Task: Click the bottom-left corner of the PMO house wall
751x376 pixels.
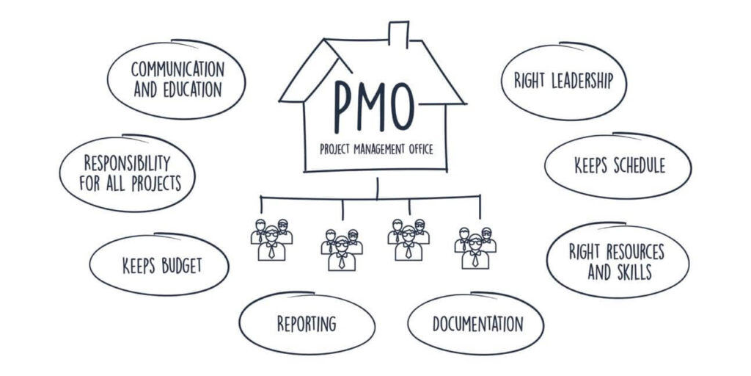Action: point(305,170)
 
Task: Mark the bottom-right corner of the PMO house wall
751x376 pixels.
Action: point(447,170)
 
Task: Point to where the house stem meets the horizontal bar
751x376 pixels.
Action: point(378,197)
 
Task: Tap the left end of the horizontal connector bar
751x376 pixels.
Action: point(260,197)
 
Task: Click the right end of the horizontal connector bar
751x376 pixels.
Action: point(480,195)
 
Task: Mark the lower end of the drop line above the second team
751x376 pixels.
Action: point(342,220)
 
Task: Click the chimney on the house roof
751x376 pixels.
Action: point(398,35)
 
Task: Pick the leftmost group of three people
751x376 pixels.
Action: point(271,240)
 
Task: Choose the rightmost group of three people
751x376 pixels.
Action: point(475,248)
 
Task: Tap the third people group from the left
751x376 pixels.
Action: point(409,240)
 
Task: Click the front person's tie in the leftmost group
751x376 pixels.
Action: point(271,251)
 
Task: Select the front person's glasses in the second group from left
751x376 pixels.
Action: point(342,244)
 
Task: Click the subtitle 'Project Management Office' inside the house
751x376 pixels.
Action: point(376,149)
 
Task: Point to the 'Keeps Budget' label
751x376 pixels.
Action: point(162,266)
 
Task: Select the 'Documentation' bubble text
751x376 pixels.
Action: point(478,324)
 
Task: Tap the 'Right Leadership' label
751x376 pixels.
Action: point(564,81)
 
